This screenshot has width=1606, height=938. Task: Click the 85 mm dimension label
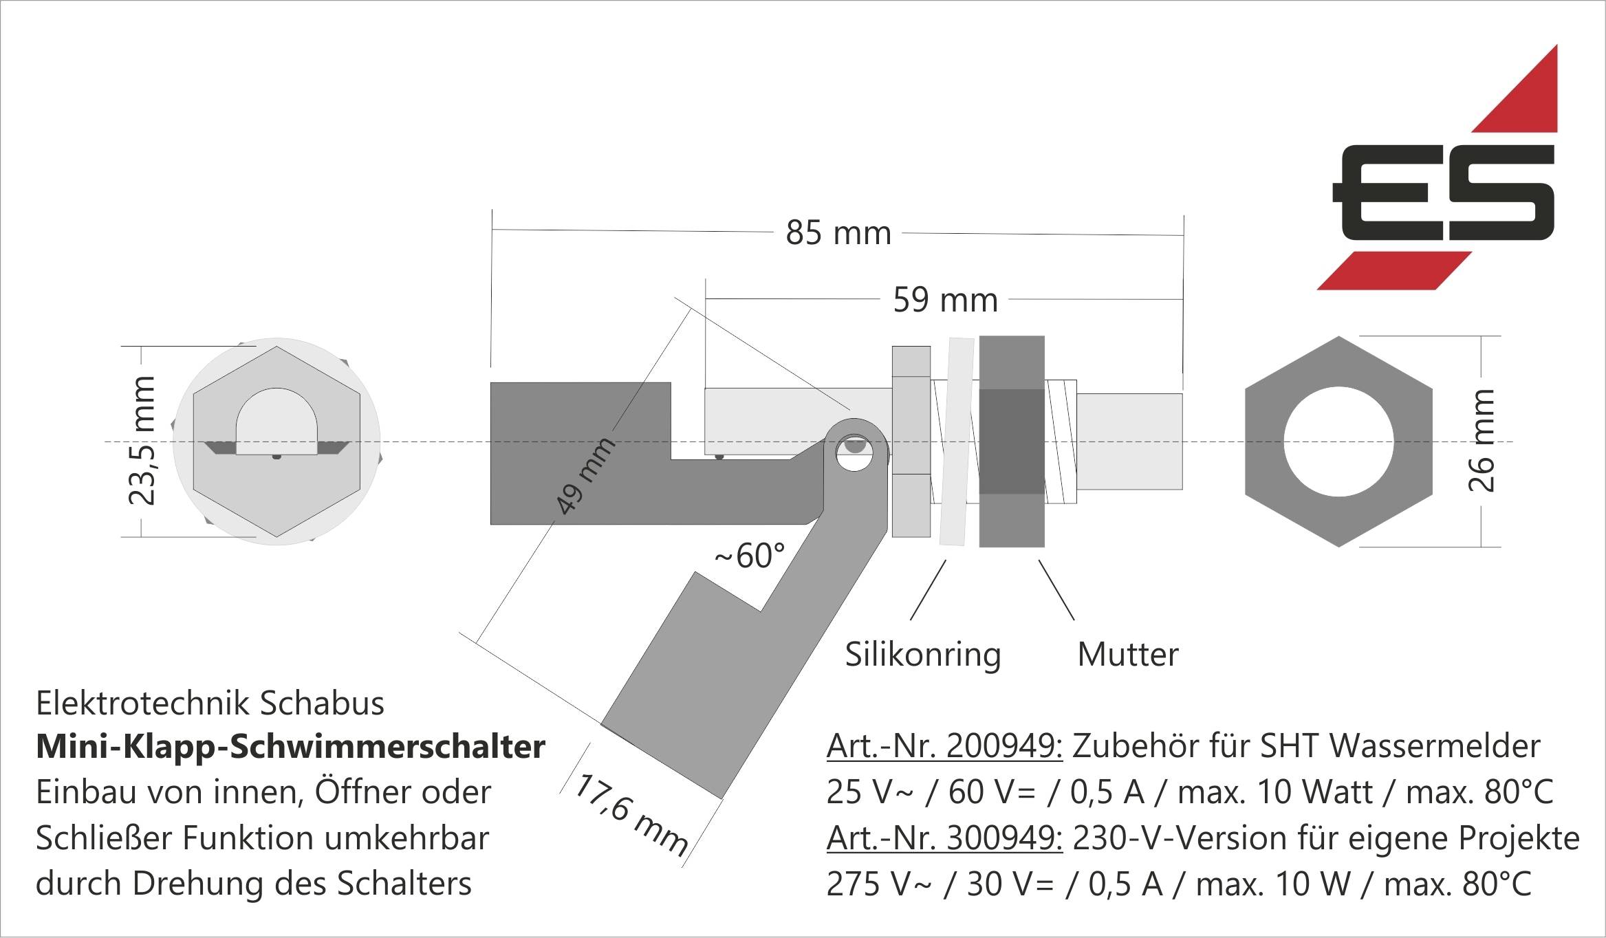click(838, 233)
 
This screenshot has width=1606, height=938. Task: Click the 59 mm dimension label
click(945, 301)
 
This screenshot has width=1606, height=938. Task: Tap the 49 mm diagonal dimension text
click(585, 475)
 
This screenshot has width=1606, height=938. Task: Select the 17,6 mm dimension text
click(630, 816)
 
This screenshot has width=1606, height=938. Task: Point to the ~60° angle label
click(750, 556)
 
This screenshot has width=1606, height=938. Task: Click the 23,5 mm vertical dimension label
click(142, 441)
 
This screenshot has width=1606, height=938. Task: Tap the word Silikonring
click(922, 654)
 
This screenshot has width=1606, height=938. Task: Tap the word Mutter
click(1127, 654)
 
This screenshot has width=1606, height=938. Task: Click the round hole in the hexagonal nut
click(1338, 441)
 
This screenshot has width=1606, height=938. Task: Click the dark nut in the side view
click(1012, 441)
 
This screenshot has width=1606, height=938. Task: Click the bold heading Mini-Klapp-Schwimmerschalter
click(290, 747)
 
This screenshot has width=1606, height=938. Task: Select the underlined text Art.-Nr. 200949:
click(944, 746)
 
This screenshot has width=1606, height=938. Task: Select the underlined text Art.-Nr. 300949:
click(944, 838)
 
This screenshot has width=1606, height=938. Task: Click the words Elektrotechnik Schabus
click(210, 703)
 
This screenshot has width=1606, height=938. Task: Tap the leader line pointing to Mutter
click(1056, 590)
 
